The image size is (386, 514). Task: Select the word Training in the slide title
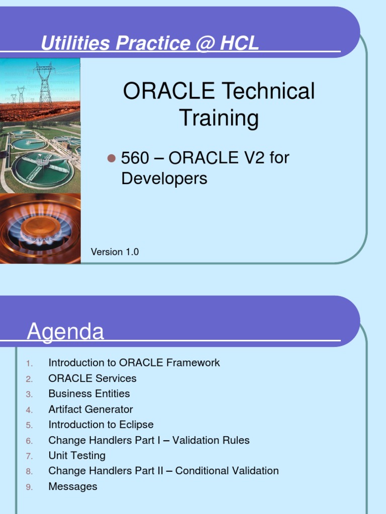219,118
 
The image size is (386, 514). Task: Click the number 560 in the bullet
135,158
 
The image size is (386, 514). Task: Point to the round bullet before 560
112,158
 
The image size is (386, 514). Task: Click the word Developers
164,179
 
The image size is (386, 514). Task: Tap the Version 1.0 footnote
115,252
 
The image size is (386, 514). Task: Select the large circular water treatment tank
43,169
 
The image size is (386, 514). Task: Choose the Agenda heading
65,332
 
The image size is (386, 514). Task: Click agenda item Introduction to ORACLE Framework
134,362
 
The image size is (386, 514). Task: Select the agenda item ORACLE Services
92,378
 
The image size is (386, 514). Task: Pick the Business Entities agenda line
89,394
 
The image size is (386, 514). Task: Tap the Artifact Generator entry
90,409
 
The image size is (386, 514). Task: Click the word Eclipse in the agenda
137,425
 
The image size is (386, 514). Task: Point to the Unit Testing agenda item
77,455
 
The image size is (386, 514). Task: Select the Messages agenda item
73,486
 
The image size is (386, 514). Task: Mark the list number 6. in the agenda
29,441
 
